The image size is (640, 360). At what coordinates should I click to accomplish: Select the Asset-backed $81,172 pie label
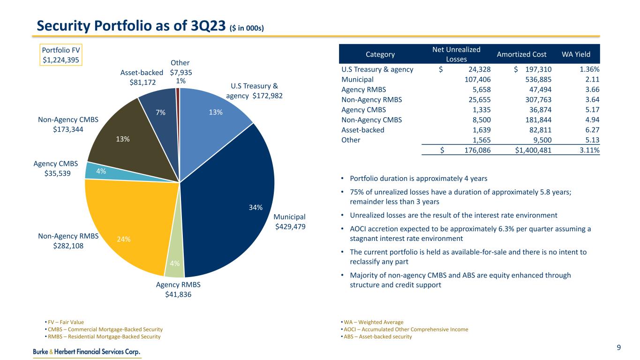[x=142, y=77]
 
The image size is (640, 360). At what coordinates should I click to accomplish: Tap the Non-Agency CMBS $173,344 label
[x=68, y=124]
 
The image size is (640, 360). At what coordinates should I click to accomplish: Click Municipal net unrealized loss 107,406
[x=475, y=80]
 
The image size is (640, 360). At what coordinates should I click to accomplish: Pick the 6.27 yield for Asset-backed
[x=591, y=130]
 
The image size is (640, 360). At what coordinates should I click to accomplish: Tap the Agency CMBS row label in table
[x=364, y=110]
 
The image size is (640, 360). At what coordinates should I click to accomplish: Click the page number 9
[x=619, y=347]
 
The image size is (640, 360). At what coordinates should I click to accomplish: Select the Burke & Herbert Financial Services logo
[x=87, y=352]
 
